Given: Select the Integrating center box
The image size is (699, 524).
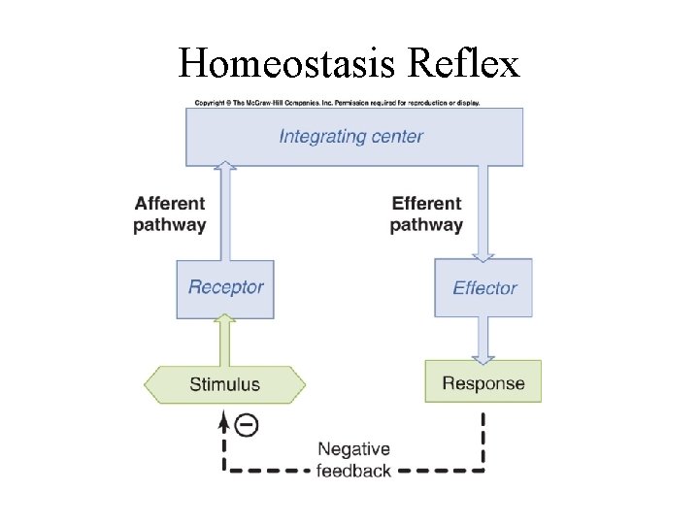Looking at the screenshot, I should (354, 137).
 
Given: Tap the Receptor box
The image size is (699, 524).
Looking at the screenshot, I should (225, 287).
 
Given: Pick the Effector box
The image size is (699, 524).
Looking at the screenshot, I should (483, 287).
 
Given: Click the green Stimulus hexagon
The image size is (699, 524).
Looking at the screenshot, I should (224, 384).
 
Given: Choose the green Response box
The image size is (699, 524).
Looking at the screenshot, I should (483, 382).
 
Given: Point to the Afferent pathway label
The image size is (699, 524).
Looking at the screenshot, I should (170, 214).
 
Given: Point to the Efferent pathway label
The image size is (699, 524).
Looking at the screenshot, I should (426, 214).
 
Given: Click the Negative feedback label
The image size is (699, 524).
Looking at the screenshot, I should (353, 460).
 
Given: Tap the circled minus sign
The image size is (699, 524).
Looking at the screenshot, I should (248, 425).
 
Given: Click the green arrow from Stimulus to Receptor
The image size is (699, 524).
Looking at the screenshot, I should (225, 340).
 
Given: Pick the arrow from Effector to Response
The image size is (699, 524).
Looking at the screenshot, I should (483, 339).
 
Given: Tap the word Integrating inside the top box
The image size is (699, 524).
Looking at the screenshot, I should (319, 136).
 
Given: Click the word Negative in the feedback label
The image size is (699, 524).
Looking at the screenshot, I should (353, 449).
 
